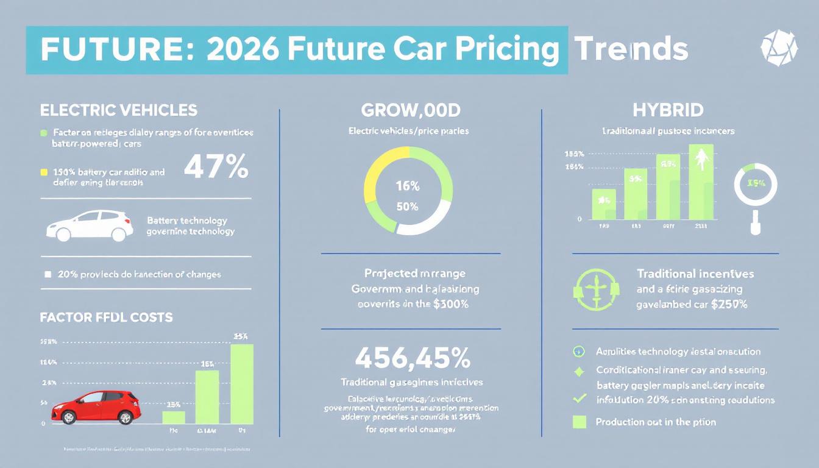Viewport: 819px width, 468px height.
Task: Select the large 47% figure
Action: click(216, 166)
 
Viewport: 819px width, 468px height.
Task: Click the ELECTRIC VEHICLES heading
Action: click(118, 110)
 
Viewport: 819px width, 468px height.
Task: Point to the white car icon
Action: click(90, 226)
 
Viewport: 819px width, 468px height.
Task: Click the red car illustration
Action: click(97, 408)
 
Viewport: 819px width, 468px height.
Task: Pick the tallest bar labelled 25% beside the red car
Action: click(242, 384)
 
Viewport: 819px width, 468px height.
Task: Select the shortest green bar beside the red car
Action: click(174, 417)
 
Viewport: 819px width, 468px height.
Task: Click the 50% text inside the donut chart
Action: click(407, 207)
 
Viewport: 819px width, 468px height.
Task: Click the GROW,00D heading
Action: click(410, 110)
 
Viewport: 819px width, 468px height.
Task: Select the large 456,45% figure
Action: click(412, 358)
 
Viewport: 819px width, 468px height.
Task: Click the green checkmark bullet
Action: click(580, 399)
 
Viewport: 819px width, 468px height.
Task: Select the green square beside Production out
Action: click(579, 422)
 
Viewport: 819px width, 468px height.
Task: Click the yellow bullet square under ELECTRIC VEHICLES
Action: click(43, 172)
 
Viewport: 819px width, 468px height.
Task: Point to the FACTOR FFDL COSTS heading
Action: click(106, 317)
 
